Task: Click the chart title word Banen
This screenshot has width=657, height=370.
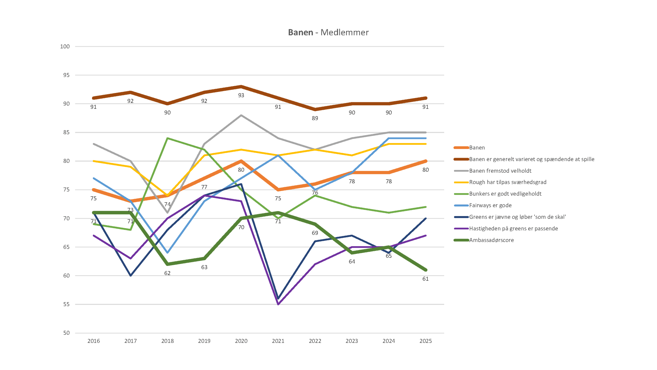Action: pos(300,32)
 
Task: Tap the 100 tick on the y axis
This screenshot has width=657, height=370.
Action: pos(65,47)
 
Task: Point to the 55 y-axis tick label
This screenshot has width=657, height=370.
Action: pos(66,304)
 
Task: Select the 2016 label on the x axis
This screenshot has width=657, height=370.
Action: pos(93,341)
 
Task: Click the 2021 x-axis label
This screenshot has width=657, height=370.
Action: pos(278,341)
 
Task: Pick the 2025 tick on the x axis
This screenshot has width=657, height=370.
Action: pos(426,341)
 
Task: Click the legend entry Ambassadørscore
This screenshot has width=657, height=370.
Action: pos(491,240)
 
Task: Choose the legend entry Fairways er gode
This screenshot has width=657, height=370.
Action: pos(490,205)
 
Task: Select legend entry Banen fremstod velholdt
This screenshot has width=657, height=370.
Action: pos(500,171)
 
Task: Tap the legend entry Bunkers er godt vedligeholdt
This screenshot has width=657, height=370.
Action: pos(505,194)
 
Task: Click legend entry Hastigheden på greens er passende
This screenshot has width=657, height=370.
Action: pos(513,228)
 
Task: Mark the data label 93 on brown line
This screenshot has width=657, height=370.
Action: pos(241,95)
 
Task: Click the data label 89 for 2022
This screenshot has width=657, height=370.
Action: pos(315,118)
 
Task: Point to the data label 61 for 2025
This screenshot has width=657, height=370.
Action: pos(426,279)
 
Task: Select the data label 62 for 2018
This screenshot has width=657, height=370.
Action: pos(167,273)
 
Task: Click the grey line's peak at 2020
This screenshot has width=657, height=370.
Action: pos(241,115)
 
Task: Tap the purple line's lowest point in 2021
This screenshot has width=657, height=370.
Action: pos(278,304)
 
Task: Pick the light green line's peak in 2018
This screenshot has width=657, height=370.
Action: pos(167,138)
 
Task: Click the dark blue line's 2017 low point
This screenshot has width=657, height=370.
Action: pos(131,275)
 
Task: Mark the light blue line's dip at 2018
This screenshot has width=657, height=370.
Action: pos(167,253)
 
